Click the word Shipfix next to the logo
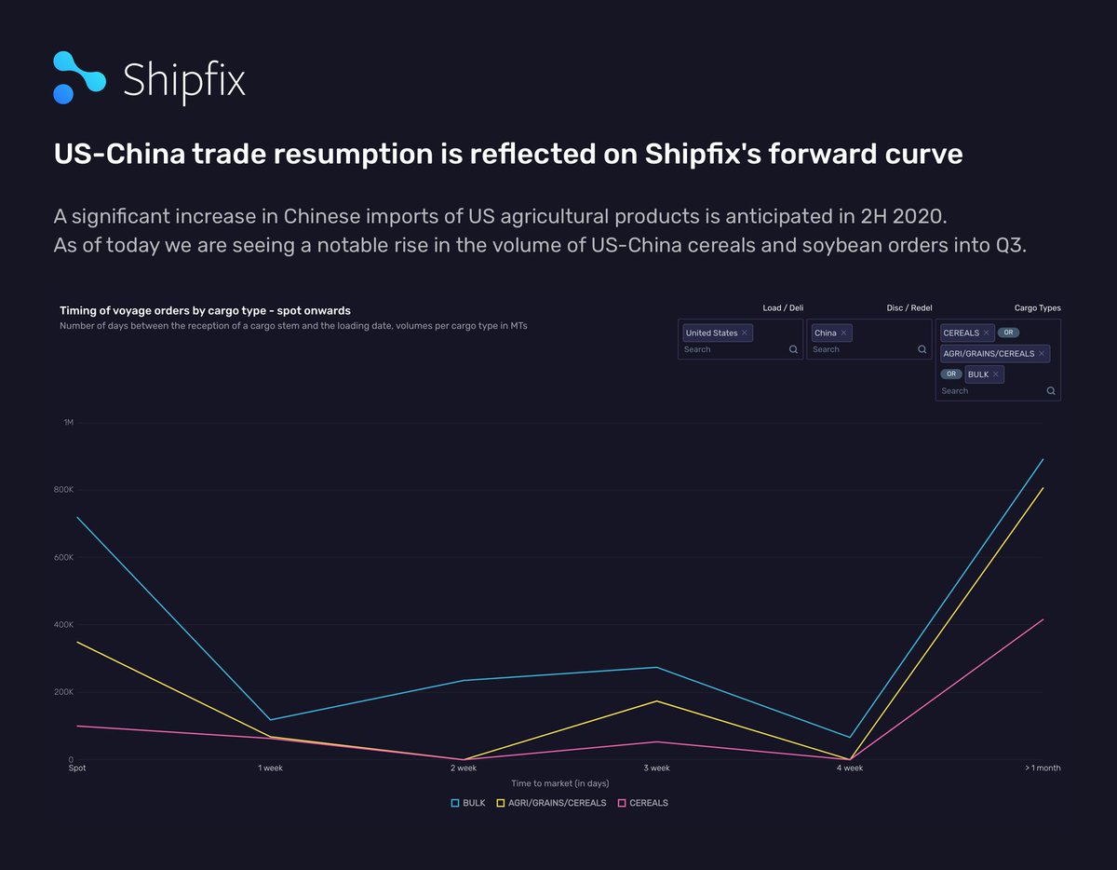point(184,80)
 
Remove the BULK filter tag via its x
point(996,374)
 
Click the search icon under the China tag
point(922,349)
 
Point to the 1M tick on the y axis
point(68,423)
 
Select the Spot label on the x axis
point(77,768)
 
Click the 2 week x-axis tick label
point(464,768)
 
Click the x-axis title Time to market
point(559,783)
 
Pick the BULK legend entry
point(468,803)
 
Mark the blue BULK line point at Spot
point(77,517)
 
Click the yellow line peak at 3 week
point(657,700)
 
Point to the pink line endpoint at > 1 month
point(1043,619)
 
